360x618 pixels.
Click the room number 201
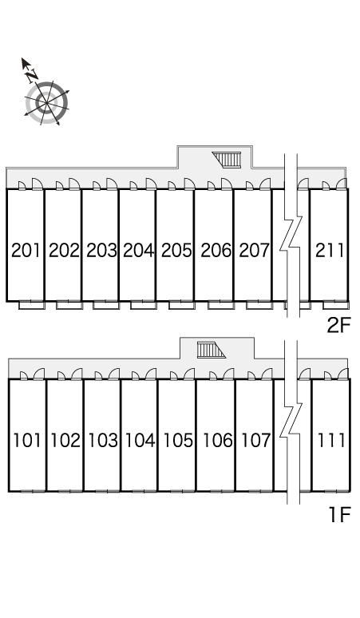pyautogui.click(x=26, y=250)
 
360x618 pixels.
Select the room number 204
pyautogui.click(x=138, y=250)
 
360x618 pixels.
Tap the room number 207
pyautogui.click(x=255, y=250)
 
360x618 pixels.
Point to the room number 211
pyautogui.click(x=330, y=250)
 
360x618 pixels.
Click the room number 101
pyautogui.click(x=27, y=440)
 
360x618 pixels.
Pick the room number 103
pyautogui.click(x=102, y=440)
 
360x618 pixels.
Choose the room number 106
pyautogui.click(x=217, y=440)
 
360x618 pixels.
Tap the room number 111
pyautogui.click(x=331, y=440)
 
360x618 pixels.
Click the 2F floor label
pyautogui.click(x=338, y=325)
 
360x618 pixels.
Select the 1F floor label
pyautogui.click(x=339, y=514)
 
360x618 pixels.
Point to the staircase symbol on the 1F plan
pyautogui.click(x=212, y=350)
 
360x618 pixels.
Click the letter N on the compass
pyautogui.click(x=31, y=75)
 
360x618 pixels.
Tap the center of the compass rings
pyautogui.click(x=47, y=102)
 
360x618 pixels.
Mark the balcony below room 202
pyautogui.click(x=69, y=305)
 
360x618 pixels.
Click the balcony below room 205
pyautogui.click(x=181, y=305)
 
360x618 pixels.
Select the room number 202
pyautogui.click(x=64, y=250)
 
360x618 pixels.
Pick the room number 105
pyautogui.click(x=178, y=440)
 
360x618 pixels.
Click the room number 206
pyautogui.click(x=216, y=250)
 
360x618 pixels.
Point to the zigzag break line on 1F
pyautogui.click(x=291, y=422)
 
